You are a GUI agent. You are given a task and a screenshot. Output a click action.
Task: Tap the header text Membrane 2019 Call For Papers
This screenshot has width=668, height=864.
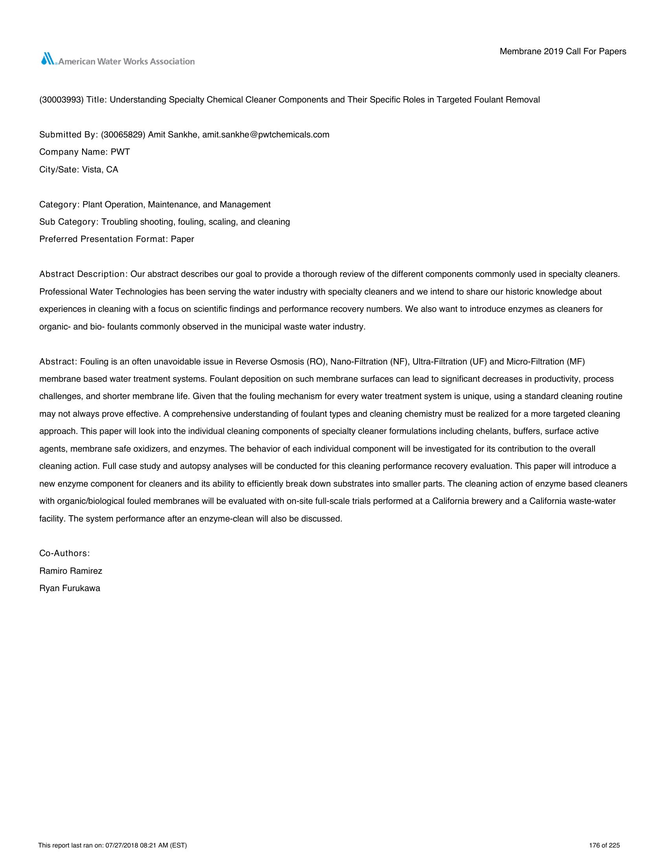[563, 51]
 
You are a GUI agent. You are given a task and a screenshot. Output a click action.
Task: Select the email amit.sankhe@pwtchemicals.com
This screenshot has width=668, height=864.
[266, 134]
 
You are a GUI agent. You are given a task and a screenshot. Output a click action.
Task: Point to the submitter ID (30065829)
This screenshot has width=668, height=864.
[123, 134]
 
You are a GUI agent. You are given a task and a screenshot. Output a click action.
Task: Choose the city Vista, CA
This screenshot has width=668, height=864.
[100, 170]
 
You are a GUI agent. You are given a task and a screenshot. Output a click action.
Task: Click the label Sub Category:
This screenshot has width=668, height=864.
[69, 222]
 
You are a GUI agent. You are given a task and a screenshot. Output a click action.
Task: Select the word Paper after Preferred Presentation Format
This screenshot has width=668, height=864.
[182, 239]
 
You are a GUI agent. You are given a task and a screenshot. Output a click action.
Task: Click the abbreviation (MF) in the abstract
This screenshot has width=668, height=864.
[575, 362]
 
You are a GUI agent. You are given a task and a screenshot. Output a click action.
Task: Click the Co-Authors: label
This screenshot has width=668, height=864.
[64, 553]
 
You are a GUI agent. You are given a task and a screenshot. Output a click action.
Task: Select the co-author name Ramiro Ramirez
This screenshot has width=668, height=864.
[70, 571]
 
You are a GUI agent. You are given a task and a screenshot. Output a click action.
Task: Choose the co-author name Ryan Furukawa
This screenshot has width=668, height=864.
[70, 588]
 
